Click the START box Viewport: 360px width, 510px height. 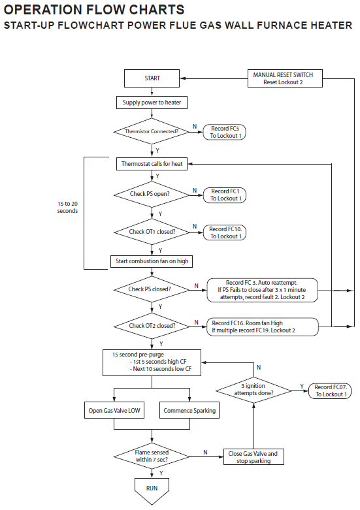[152, 78]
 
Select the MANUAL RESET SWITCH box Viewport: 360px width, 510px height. [285, 78]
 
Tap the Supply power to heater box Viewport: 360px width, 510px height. [152, 103]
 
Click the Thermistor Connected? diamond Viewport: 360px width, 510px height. [152, 131]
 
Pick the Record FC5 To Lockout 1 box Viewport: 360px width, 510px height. [224, 132]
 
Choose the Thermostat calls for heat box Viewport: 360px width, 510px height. [152, 164]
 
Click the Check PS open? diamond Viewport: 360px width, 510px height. [152, 194]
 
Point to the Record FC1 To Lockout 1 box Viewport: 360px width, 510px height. [225, 195]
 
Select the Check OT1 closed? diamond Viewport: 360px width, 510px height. [152, 232]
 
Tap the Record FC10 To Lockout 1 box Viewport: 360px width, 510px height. [225, 232]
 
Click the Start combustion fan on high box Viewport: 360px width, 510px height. [152, 261]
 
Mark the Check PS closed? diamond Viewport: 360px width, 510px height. [152, 289]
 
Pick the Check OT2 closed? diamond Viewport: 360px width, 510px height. [152, 326]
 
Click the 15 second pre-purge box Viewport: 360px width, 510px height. [152, 363]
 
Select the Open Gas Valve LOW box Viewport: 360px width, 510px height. [114, 411]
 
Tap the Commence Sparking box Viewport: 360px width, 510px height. [189, 411]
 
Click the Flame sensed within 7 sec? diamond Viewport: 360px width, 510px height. [152, 456]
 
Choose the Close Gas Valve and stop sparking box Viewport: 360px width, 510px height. [254, 456]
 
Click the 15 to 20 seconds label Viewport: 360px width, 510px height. [68, 207]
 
